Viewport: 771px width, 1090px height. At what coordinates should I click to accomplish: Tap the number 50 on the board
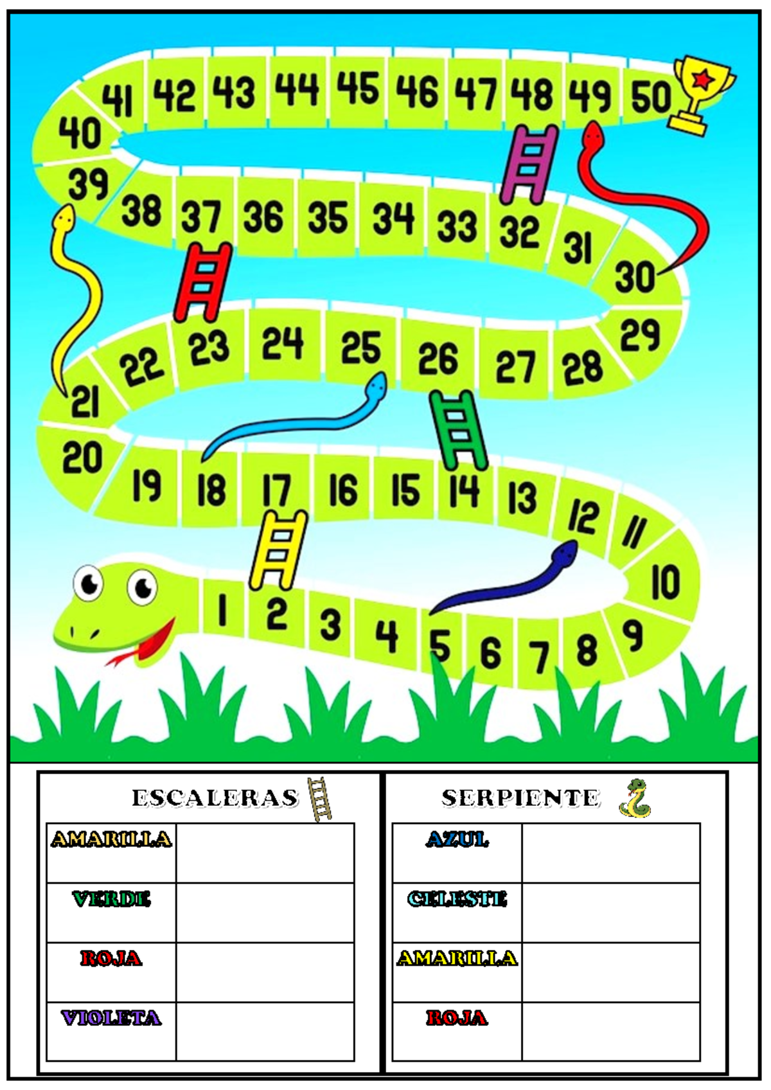point(650,96)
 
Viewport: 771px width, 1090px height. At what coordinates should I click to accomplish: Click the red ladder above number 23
point(204,282)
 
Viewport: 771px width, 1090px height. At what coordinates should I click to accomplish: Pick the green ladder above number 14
point(458,429)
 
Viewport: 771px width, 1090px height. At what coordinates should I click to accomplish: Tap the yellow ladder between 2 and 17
point(279,549)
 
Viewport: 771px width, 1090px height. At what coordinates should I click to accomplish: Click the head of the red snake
point(592,134)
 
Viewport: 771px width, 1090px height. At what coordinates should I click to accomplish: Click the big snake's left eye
point(88,582)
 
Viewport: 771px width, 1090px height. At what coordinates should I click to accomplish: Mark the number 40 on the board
point(80,133)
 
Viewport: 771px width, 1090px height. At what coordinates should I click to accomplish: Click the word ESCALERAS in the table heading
point(215,798)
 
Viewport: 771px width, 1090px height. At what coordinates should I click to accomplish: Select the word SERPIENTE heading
point(520,798)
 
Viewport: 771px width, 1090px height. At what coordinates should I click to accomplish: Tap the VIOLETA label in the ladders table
point(111,1018)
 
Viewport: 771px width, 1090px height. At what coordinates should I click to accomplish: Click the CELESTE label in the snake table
point(457,898)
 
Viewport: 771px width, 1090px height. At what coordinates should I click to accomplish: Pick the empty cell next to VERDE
point(265,912)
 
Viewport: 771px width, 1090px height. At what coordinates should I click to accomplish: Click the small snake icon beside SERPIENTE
point(635,798)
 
